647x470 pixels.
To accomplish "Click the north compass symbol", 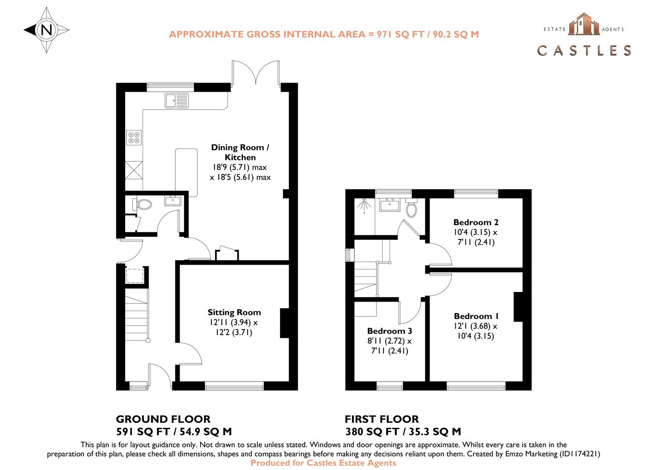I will tap(47, 30).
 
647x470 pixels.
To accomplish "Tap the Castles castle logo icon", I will tap(584, 24).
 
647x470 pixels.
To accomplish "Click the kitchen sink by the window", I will tap(177, 100).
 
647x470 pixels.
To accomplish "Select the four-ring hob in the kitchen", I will tap(134, 138).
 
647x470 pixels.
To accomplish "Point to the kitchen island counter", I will tap(187, 172).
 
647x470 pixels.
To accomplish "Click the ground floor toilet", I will tap(143, 204).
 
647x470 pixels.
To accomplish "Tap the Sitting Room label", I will tap(234, 312).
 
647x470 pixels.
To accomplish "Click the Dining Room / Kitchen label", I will tap(240, 152).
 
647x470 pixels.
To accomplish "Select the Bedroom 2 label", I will tap(476, 222).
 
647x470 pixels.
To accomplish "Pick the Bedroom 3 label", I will tap(389, 331).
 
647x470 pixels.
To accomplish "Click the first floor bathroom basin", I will tap(389, 204).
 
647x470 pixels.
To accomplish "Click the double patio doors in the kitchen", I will tap(256, 73).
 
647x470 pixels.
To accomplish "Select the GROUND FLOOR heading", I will tap(163, 419).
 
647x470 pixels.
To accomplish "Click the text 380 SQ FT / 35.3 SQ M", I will tap(403, 432).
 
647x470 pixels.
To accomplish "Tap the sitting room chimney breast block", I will tap(286, 323).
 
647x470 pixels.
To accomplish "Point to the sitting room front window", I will tap(234, 384).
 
